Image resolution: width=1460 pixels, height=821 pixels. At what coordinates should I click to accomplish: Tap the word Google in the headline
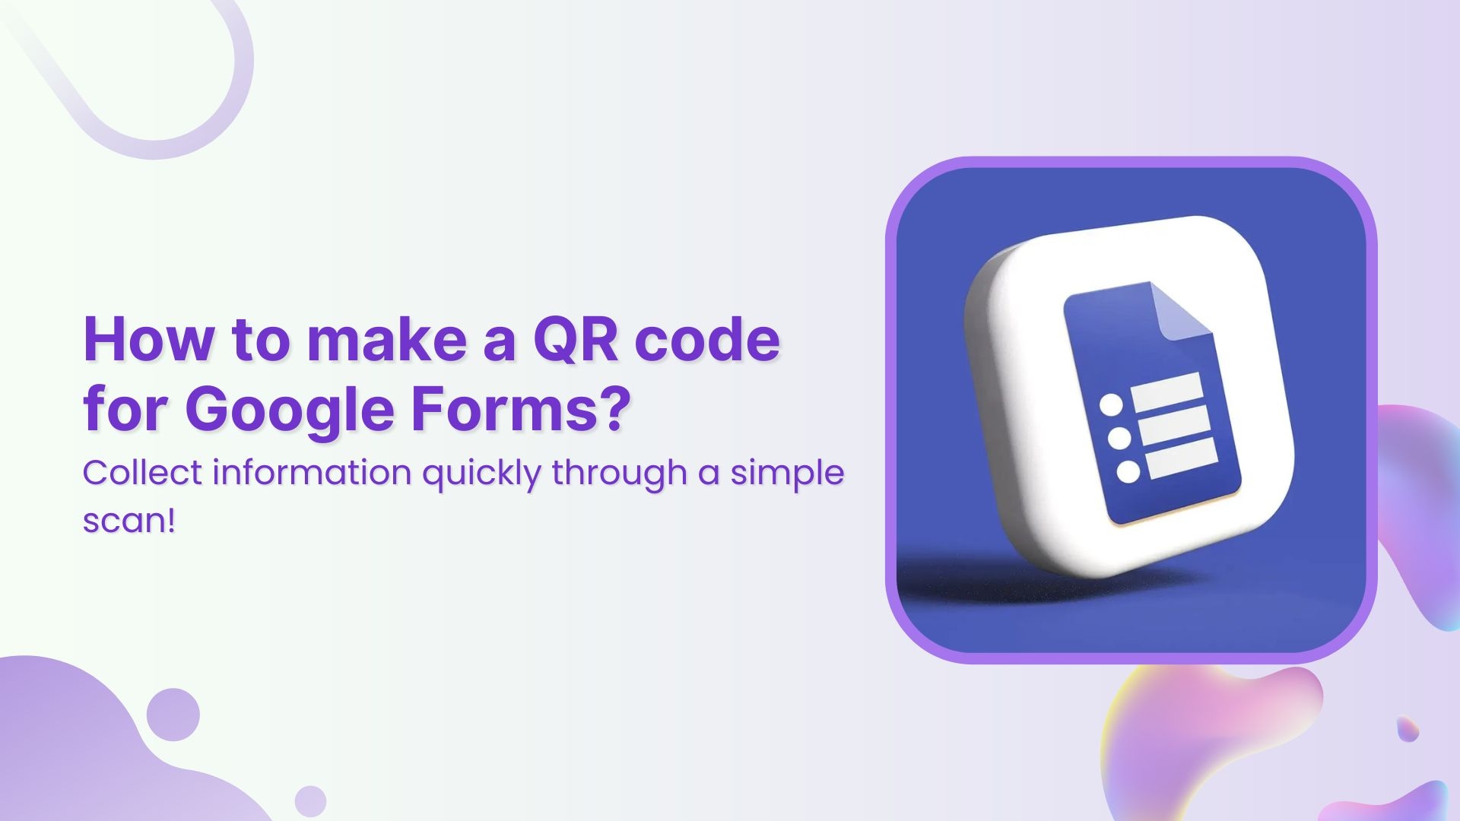point(290,410)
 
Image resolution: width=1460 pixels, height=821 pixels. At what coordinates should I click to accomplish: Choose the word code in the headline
point(707,340)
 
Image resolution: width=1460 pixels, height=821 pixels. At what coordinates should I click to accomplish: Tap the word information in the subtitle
point(313,473)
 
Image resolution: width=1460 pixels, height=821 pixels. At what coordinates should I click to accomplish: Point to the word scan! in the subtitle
point(129,521)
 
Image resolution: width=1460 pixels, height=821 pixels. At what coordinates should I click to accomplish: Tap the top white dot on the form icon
point(1112,404)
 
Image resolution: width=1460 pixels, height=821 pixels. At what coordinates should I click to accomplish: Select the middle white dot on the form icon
point(1120,438)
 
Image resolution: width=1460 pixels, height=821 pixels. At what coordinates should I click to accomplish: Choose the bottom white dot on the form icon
point(1128,471)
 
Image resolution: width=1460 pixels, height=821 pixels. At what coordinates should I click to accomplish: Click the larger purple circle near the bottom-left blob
point(173,715)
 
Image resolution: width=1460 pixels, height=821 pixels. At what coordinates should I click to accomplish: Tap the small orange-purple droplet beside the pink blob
point(1408,729)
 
